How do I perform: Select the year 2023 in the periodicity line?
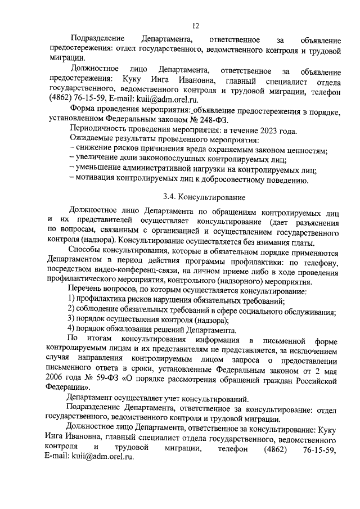click(x=251, y=130)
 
